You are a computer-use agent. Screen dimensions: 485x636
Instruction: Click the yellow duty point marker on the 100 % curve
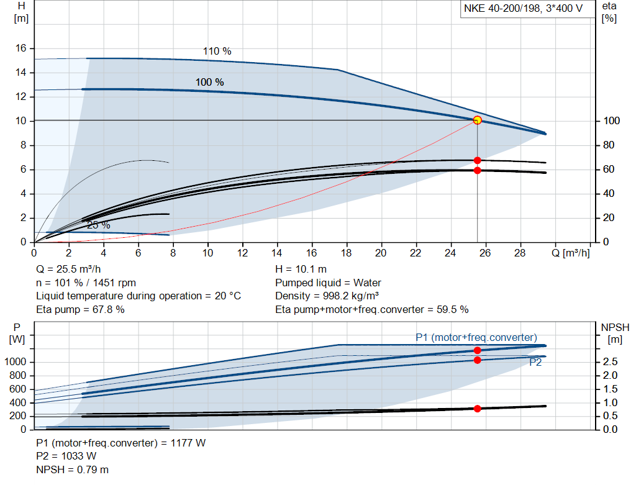click(x=477, y=120)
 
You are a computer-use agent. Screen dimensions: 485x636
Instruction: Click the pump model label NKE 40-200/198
click(x=522, y=9)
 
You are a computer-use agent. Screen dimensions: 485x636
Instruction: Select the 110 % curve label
click(x=217, y=51)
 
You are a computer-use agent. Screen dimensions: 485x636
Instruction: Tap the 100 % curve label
click(x=209, y=82)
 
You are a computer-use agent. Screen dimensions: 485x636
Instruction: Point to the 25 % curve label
click(x=98, y=225)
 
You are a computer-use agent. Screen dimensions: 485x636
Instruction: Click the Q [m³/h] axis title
click(x=571, y=253)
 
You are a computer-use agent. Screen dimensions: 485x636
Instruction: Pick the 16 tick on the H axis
click(x=20, y=48)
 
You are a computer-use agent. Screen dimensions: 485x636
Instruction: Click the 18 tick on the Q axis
click(x=347, y=253)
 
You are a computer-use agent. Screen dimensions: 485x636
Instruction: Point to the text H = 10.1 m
click(x=301, y=270)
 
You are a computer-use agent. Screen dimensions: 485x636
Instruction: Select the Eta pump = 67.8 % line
click(x=80, y=309)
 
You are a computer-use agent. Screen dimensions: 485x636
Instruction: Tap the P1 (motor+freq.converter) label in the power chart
click(x=476, y=337)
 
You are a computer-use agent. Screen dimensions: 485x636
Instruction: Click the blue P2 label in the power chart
click(x=535, y=363)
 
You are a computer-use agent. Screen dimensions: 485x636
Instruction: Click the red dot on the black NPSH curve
click(x=477, y=409)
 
